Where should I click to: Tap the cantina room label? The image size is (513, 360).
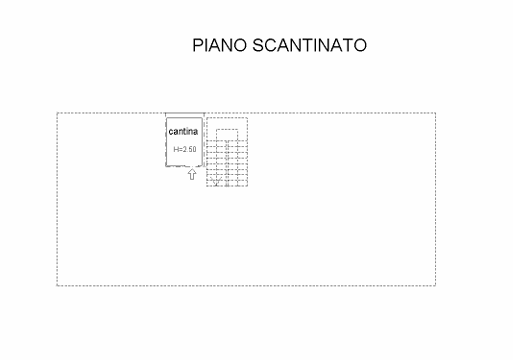tap(183, 131)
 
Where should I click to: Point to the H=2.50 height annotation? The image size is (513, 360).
tap(185, 150)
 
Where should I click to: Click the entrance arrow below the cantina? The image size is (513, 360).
tap(191, 176)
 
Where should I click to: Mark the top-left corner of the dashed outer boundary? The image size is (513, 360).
tap(57, 114)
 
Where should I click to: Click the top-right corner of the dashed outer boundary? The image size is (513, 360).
tap(435, 114)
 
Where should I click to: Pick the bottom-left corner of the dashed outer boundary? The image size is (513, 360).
tap(57, 286)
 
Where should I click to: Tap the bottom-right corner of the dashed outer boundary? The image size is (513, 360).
tap(435, 286)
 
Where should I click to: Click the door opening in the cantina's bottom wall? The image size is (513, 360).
tap(191, 167)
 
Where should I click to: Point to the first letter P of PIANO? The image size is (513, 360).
tap(197, 46)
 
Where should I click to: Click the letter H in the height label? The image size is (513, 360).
tap(176, 150)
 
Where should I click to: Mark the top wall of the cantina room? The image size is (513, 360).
tap(184, 115)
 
